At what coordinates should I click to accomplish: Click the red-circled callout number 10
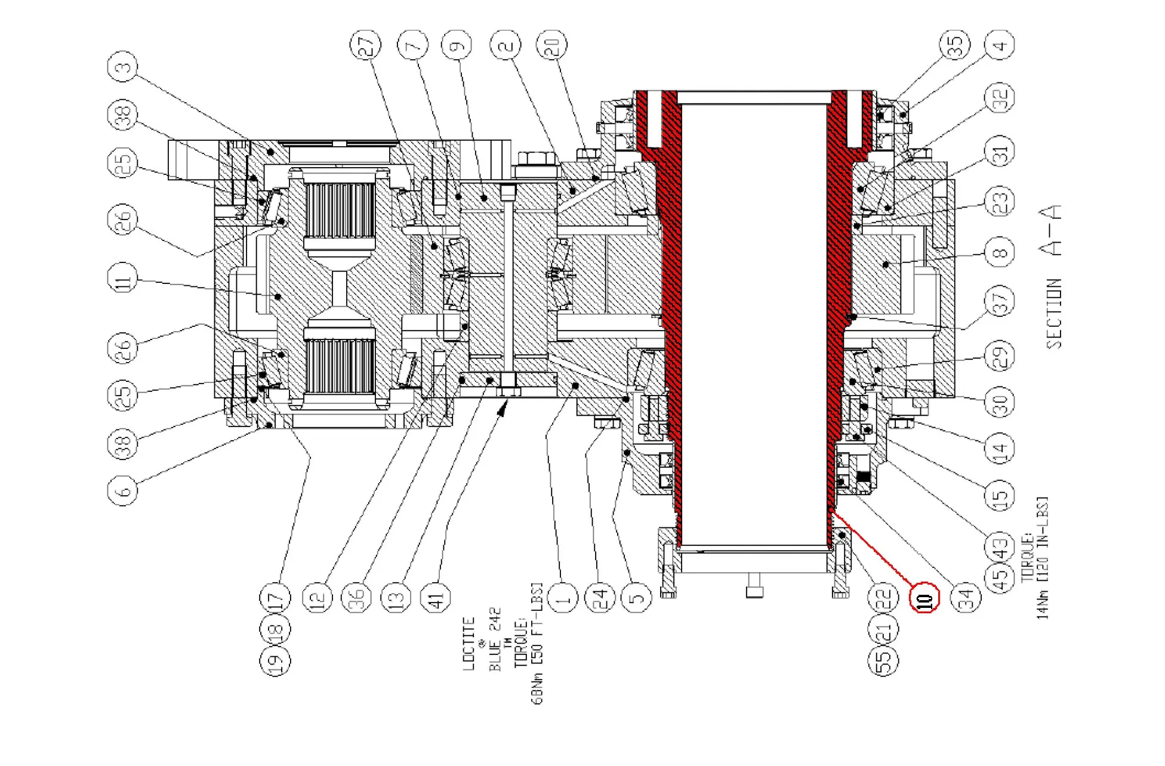pyautogui.click(x=924, y=597)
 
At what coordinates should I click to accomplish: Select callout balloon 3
pyautogui.click(x=122, y=67)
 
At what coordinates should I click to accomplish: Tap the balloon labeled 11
pyautogui.click(x=122, y=279)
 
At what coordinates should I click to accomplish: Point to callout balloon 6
pyautogui.click(x=122, y=490)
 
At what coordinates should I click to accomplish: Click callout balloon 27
pyautogui.click(x=365, y=44)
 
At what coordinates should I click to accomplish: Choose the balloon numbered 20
pyautogui.click(x=552, y=44)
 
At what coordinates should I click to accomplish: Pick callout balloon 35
pyautogui.click(x=955, y=44)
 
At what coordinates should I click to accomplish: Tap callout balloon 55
pyautogui.click(x=883, y=660)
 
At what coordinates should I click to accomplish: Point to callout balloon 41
pyautogui.click(x=436, y=597)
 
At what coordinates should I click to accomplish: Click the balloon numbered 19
pyautogui.click(x=275, y=660)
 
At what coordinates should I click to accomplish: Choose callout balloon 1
pyautogui.click(x=563, y=597)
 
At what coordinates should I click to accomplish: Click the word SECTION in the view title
pyautogui.click(x=1054, y=314)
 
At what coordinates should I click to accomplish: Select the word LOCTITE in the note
pyautogui.click(x=469, y=644)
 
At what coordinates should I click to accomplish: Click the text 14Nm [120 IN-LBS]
pyautogui.click(x=1042, y=558)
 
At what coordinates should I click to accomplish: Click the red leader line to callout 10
pyautogui.click(x=871, y=548)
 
